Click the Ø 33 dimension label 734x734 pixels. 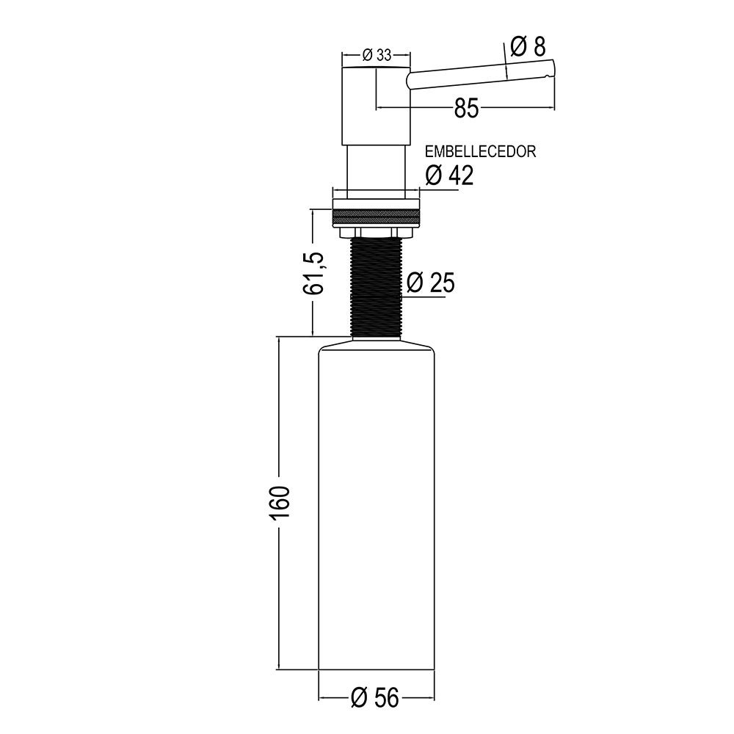pyautogui.click(x=376, y=54)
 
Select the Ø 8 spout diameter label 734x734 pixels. pyautogui.click(x=527, y=47)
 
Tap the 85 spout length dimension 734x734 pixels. pyautogui.click(x=466, y=109)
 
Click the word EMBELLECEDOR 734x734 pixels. pyautogui.click(x=481, y=153)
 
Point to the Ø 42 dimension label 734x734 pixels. pyautogui.click(x=449, y=175)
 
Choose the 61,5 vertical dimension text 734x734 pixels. pyautogui.click(x=313, y=272)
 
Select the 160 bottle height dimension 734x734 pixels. pyautogui.click(x=280, y=502)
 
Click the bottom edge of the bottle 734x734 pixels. pyautogui.click(x=377, y=669)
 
